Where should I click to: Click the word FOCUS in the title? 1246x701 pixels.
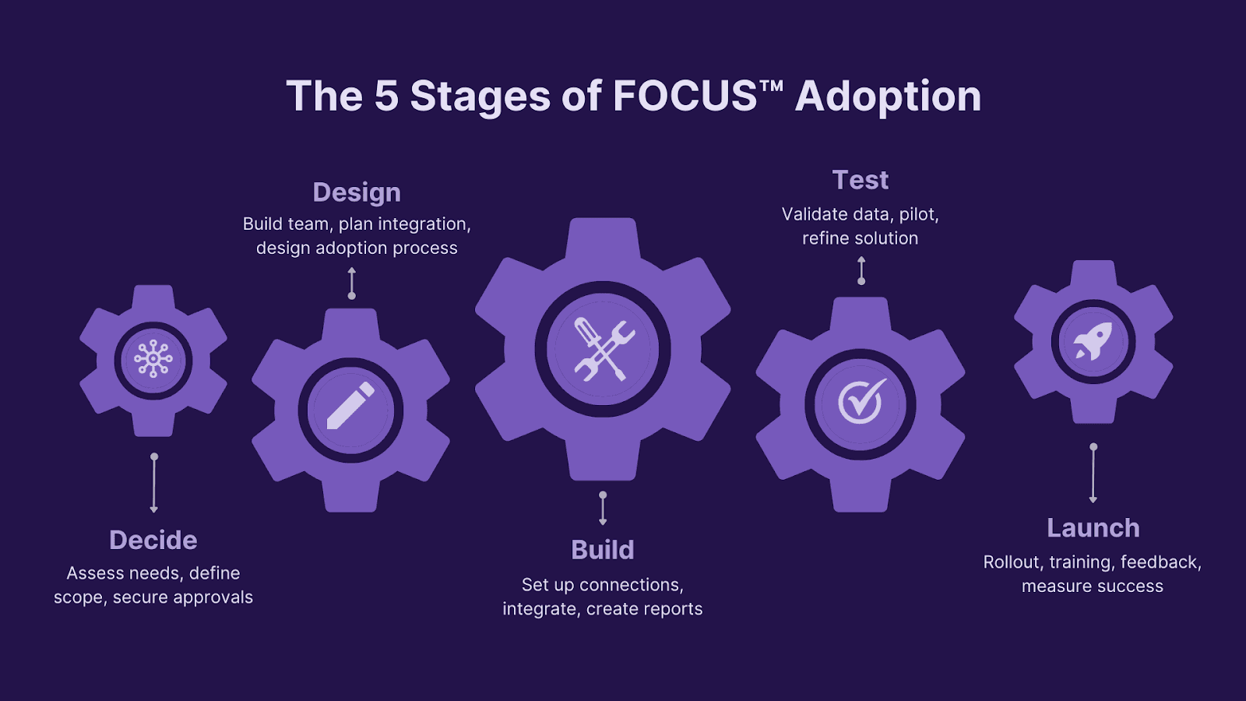(685, 97)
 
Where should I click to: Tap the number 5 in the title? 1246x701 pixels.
(386, 97)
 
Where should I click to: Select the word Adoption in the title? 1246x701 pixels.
(888, 97)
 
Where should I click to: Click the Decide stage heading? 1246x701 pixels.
(153, 540)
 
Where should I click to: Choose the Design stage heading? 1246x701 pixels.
(357, 192)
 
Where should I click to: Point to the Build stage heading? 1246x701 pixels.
(603, 550)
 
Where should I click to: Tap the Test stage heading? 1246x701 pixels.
(861, 180)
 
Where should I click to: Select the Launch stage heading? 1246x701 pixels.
(1093, 528)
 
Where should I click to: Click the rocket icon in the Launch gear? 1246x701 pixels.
(1093, 342)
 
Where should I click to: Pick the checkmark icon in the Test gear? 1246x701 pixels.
(861, 403)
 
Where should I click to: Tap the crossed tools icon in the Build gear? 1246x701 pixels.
(603, 350)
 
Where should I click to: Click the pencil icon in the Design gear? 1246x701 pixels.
(350, 407)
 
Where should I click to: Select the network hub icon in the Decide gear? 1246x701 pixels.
(153, 359)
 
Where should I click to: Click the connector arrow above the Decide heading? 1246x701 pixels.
(154, 483)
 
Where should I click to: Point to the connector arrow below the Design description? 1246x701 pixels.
(352, 283)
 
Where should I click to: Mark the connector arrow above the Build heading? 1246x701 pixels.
(603, 508)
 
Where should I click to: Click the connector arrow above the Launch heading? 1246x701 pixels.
(1093, 474)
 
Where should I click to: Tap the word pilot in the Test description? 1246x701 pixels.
(919, 214)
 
